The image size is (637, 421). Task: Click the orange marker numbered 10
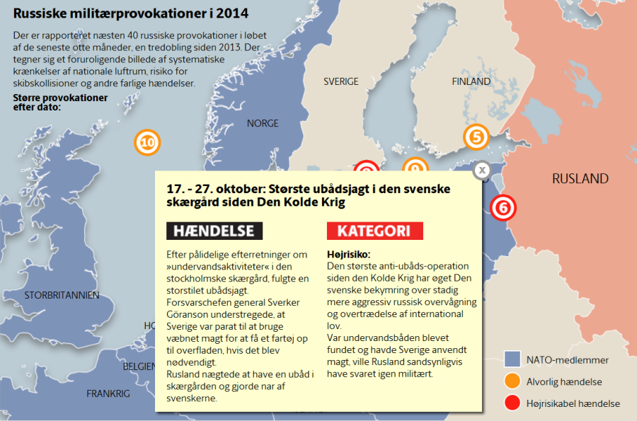(147, 143)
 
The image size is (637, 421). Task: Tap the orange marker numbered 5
(476, 137)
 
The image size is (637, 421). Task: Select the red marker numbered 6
(503, 208)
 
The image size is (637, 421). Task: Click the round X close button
(481, 170)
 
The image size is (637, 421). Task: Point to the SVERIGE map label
(341, 81)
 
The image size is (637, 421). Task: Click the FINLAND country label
(471, 81)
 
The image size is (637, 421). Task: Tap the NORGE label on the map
(263, 123)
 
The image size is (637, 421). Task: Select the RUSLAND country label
(580, 178)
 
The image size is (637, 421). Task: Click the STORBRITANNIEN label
(61, 294)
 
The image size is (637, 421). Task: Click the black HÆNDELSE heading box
(214, 231)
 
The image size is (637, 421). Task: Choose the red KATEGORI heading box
(374, 231)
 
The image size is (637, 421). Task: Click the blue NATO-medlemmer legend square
(512, 359)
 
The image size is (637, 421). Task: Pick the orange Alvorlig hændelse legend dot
(512, 381)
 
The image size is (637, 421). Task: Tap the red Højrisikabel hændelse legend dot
(512, 403)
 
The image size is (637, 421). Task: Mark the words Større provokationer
(60, 98)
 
